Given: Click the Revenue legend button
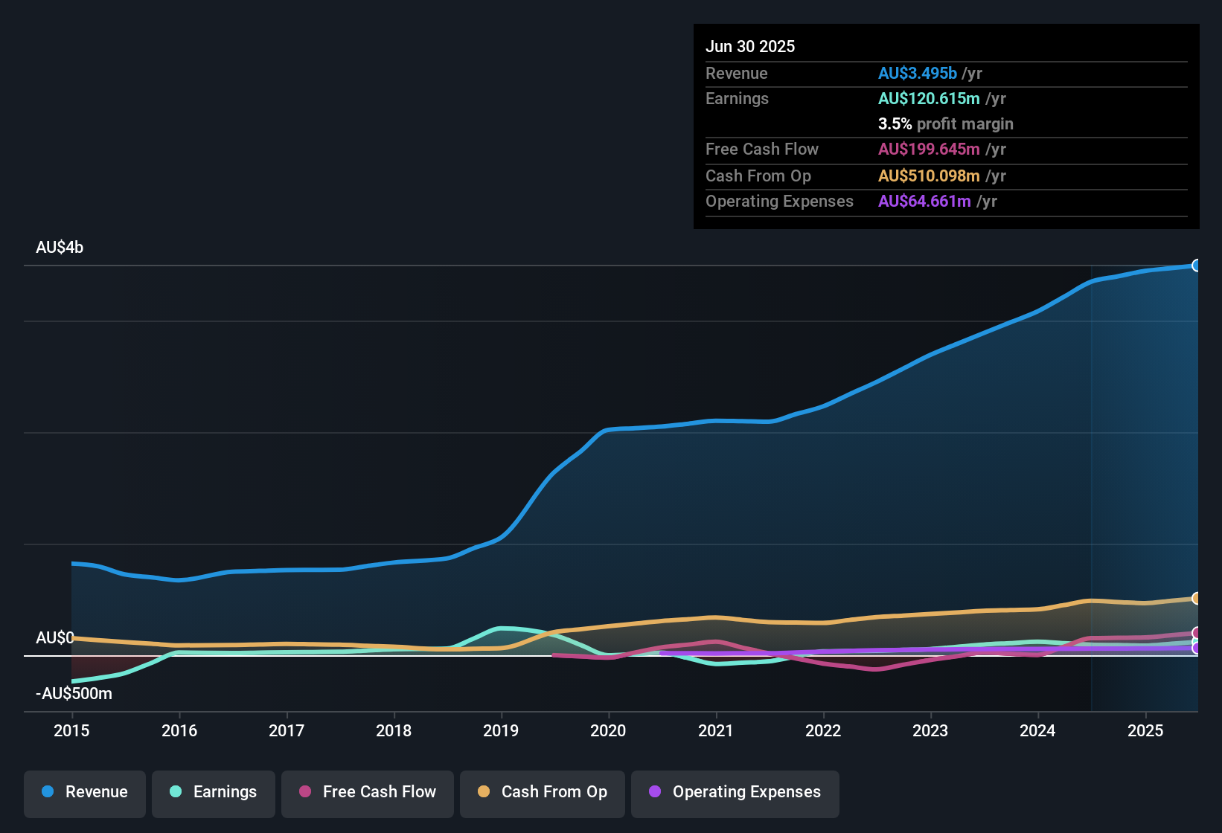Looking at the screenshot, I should click(x=85, y=792).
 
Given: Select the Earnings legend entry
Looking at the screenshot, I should click(x=214, y=792).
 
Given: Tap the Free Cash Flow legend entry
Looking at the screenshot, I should click(x=368, y=792).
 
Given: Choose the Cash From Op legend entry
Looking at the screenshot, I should click(x=543, y=792).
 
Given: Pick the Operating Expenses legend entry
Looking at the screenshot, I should click(x=735, y=792).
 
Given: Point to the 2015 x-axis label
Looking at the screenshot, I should click(x=71, y=730).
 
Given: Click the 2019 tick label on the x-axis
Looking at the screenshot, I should click(x=501, y=730).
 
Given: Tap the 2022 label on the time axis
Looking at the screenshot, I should click(x=823, y=730).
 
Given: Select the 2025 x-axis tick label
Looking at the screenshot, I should click(x=1145, y=730).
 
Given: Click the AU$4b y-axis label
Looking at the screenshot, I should click(x=60, y=248).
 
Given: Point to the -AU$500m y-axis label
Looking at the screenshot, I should click(x=74, y=694).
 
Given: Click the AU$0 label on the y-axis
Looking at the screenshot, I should click(x=55, y=638).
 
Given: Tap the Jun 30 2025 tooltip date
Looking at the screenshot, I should click(x=750, y=47).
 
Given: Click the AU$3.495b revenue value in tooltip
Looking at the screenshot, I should click(x=917, y=74).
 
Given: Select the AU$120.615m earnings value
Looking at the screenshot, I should click(x=929, y=99).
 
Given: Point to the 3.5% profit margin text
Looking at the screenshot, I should click(x=945, y=124).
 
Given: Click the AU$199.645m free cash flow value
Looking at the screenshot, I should click(x=929, y=149).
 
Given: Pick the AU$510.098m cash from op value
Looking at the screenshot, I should click(x=929, y=176).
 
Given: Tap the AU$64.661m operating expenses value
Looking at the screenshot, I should click(x=924, y=202).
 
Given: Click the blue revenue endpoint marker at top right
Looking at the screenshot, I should click(x=1197, y=266).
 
